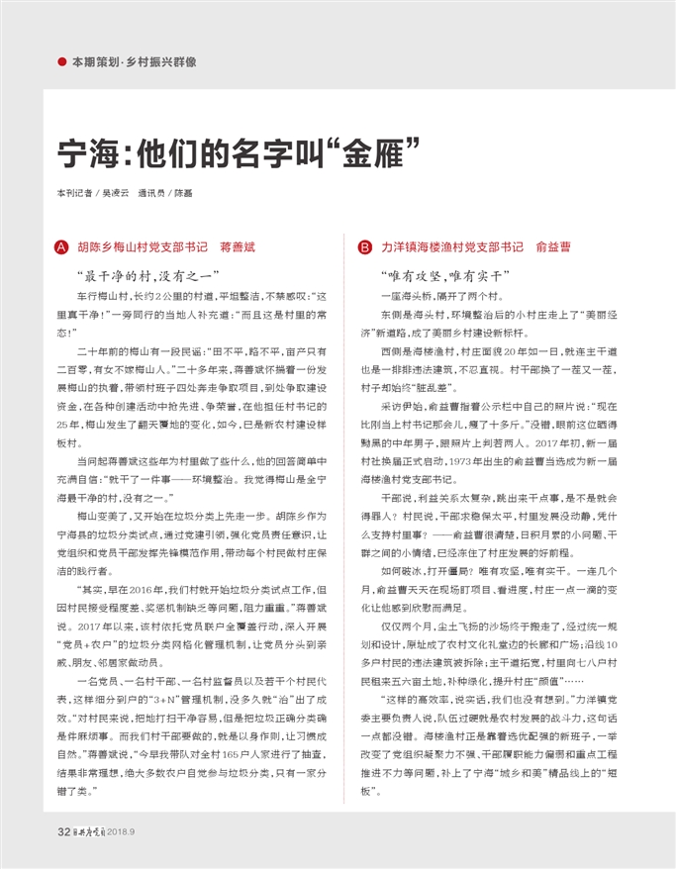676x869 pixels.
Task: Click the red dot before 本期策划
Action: (62, 62)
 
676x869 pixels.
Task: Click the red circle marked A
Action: (62, 246)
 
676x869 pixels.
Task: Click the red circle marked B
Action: (364, 246)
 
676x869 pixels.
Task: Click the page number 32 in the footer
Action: (62, 831)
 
